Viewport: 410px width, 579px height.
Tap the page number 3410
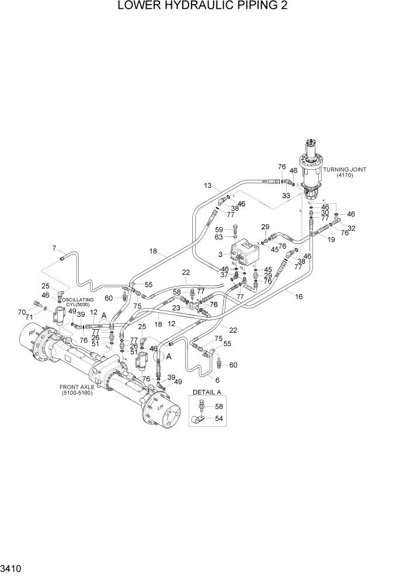[x=12, y=567]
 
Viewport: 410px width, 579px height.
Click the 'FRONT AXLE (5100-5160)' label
[x=80, y=390]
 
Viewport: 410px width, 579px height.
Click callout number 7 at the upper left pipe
[x=54, y=248]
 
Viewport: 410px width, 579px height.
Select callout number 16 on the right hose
[x=298, y=297]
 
